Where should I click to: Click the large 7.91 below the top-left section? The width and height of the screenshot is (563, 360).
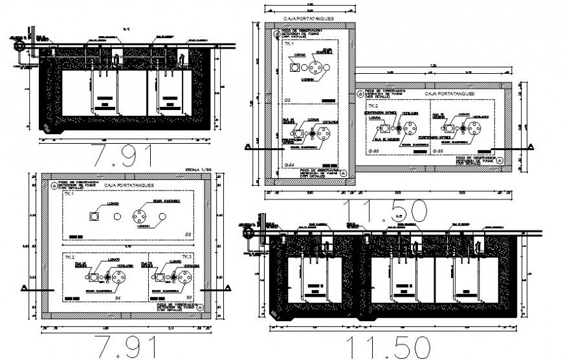click(x=123, y=157)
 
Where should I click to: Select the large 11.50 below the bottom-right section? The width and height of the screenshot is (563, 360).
click(x=386, y=347)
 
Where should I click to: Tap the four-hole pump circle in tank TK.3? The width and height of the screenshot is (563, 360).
click(x=184, y=276)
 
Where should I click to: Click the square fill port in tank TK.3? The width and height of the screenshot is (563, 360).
click(x=157, y=277)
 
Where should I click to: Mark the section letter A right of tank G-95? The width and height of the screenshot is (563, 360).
click(x=531, y=148)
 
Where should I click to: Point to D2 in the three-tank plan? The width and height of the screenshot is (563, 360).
click(x=188, y=234)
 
